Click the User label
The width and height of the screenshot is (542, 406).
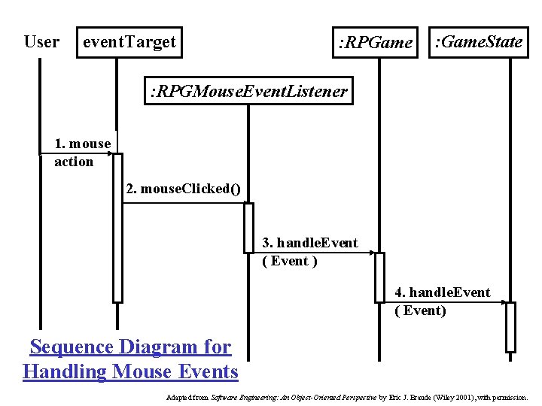[41, 42]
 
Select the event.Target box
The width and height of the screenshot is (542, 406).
[129, 42]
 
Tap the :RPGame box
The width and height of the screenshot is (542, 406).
[376, 43]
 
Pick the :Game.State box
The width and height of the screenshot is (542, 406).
[479, 42]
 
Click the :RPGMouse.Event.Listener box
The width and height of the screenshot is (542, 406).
[249, 92]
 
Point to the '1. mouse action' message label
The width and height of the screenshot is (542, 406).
[82, 152]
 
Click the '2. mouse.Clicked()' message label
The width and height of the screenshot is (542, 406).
[184, 189]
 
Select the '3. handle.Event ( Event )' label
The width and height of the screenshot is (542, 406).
[309, 252]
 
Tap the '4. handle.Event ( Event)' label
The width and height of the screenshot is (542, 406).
[442, 301]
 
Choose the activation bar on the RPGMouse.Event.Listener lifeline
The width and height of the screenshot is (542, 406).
[248, 227]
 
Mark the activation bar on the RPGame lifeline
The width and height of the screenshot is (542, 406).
[379, 277]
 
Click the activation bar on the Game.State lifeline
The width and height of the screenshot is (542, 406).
[510, 327]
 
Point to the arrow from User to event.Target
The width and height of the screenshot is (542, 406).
[75, 154]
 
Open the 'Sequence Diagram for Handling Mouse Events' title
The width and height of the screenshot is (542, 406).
[130, 359]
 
